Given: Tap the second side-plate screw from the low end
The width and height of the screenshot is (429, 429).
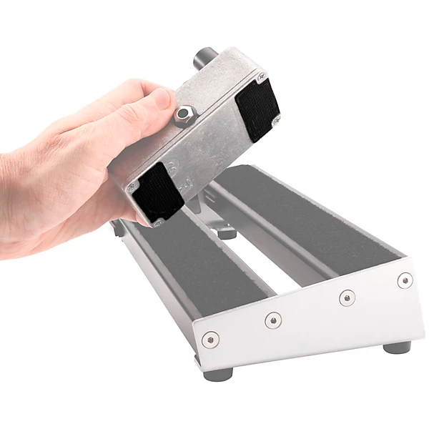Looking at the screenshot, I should (272, 320).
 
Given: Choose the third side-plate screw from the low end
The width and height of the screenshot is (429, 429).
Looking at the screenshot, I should (347, 297).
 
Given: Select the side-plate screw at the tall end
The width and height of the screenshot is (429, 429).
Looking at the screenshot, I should (405, 280).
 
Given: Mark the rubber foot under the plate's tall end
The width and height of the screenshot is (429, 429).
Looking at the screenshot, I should (397, 347).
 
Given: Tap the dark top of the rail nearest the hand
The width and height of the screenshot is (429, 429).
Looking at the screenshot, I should (200, 265).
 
